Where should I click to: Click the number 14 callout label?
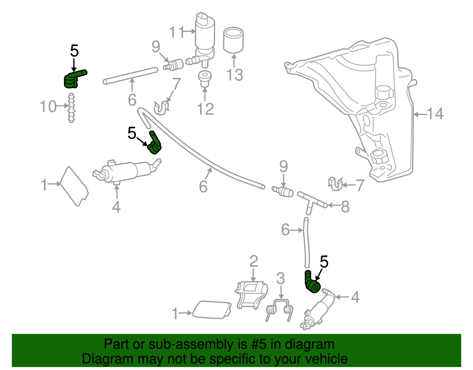click(435, 114)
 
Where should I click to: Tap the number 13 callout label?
click(235, 75)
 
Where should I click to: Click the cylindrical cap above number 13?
click(233, 40)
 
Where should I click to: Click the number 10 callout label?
click(48, 106)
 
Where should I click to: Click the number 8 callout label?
click(345, 207)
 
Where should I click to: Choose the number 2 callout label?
click(254, 261)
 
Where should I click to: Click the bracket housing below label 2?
click(252, 294)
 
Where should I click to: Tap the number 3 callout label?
click(281, 278)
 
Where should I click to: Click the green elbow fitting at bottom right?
click(312, 283)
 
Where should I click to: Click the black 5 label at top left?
click(74, 51)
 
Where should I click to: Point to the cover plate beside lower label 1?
click(211, 310)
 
